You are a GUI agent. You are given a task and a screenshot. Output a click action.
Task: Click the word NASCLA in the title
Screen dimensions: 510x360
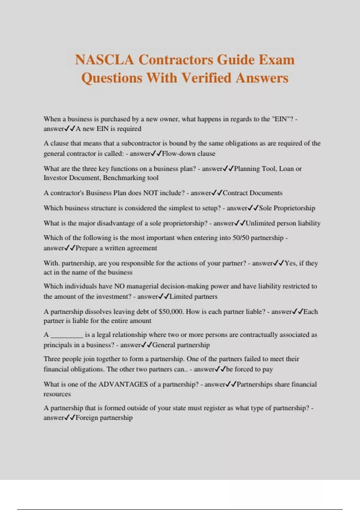(x=104, y=59)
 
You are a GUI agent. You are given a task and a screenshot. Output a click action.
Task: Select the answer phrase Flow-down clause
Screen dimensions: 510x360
(x=188, y=154)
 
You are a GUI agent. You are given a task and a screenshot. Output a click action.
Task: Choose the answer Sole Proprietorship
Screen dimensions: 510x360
(x=287, y=208)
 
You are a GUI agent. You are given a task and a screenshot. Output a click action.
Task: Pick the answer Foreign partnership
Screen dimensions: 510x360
(x=104, y=418)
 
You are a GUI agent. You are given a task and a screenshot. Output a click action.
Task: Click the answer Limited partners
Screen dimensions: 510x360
(x=193, y=297)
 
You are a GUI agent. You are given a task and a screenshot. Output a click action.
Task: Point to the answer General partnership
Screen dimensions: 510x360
(x=181, y=345)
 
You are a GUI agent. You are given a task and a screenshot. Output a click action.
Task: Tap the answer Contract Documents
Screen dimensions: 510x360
(x=252, y=193)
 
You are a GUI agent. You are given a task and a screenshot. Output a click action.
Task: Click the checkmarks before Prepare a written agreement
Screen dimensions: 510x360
(x=70, y=248)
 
